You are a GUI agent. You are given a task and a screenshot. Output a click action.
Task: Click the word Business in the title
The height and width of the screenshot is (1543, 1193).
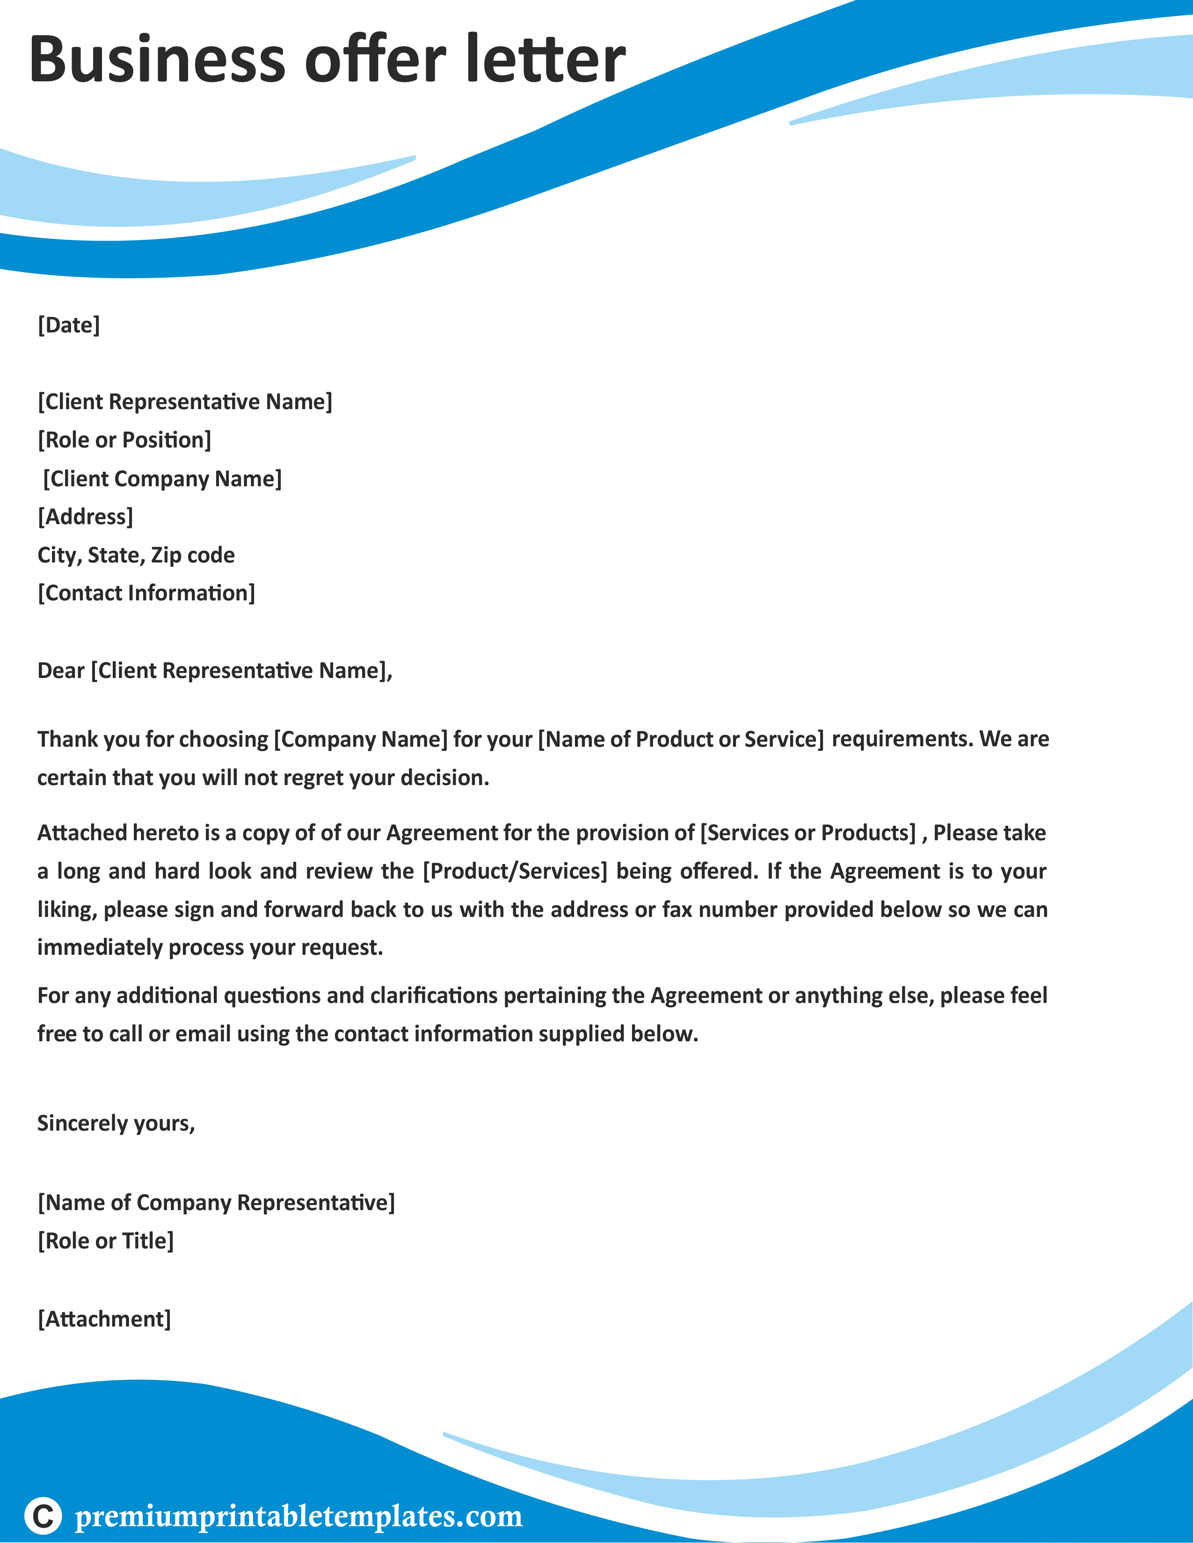pyautogui.click(x=157, y=59)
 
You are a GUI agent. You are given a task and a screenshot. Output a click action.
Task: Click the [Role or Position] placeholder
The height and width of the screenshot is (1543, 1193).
pyautogui.click(x=124, y=440)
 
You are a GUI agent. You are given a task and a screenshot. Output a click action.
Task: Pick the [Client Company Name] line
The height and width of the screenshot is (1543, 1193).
pyautogui.click(x=162, y=479)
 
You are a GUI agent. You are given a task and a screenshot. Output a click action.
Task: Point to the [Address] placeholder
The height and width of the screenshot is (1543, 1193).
pyautogui.click(x=86, y=517)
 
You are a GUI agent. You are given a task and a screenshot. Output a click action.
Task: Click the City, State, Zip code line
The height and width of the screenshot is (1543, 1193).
pyautogui.click(x=136, y=555)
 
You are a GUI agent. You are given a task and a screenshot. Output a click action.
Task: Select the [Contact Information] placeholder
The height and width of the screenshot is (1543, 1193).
pyautogui.click(x=146, y=593)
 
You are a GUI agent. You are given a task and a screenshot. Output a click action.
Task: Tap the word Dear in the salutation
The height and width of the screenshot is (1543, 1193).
pyautogui.click(x=61, y=671)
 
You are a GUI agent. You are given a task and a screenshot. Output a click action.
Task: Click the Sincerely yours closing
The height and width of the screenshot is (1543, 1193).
pyautogui.click(x=116, y=1123)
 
